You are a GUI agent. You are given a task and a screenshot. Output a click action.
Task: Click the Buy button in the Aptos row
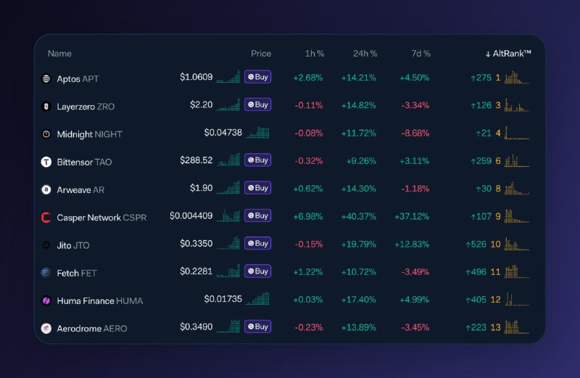point(257,77)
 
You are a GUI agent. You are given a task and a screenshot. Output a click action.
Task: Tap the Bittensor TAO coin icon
point(46,162)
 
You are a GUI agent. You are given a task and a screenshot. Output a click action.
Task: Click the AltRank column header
point(508,54)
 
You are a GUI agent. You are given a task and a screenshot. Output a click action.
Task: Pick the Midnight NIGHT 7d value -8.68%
point(415,133)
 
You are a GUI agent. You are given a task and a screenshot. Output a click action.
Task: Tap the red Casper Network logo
point(46,218)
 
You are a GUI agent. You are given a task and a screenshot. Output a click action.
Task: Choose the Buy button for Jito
point(257,244)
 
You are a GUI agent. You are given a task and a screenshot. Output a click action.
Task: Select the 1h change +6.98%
point(308,217)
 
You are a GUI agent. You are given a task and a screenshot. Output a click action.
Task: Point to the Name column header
point(59,54)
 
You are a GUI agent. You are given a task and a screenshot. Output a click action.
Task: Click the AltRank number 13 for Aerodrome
point(496,327)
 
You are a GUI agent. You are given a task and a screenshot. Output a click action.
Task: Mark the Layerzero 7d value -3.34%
point(415,106)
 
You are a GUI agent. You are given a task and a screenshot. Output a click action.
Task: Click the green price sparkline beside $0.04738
point(258,133)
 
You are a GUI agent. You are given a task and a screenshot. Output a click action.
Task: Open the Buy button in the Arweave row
point(257,188)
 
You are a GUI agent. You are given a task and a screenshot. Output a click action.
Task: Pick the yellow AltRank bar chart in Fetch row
point(517,271)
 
